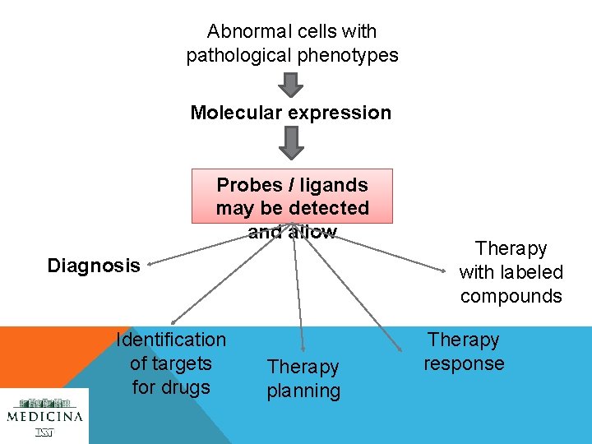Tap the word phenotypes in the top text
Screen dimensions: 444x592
(350, 56)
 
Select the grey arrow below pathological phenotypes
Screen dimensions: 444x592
(290, 85)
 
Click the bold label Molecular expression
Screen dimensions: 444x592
(291, 113)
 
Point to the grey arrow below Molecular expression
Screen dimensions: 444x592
(290, 143)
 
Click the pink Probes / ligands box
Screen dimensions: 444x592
(292, 197)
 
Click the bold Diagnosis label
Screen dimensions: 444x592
(94, 266)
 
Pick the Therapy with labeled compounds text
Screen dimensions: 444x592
(511, 272)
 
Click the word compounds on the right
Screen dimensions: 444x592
(511, 296)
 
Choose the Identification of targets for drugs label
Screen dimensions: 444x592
(171, 363)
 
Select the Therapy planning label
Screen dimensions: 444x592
(303, 379)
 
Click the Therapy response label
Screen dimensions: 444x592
(464, 351)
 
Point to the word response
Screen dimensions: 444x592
(464, 363)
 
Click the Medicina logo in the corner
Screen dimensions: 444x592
(45, 415)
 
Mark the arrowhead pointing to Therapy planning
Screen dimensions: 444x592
(303, 349)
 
